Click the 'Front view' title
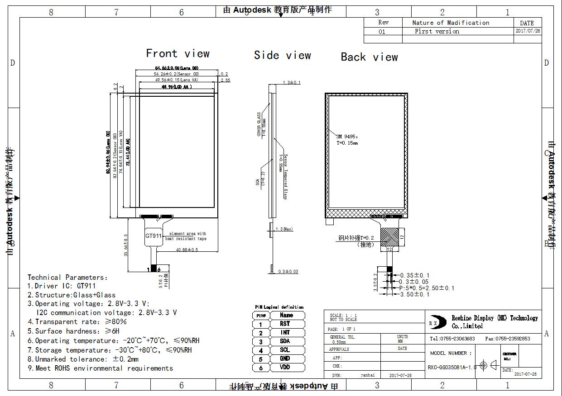point(178,53)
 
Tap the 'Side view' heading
point(282,55)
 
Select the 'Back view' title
point(369,57)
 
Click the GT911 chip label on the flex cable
point(154,236)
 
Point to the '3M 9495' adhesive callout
point(347,137)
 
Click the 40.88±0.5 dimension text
point(187,250)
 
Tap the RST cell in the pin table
point(285,324)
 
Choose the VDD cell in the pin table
point(285,367)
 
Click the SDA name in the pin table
point(285,341)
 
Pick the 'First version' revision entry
point(437,31)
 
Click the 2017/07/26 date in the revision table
point(528,31)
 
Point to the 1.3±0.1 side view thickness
point(292,83)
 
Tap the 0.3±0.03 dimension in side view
point(288,271)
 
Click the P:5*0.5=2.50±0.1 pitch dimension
point(427,288)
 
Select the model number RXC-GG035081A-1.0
point(452,367)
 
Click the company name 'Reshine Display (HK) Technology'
point(495,318)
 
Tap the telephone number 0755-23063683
point(452,338)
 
